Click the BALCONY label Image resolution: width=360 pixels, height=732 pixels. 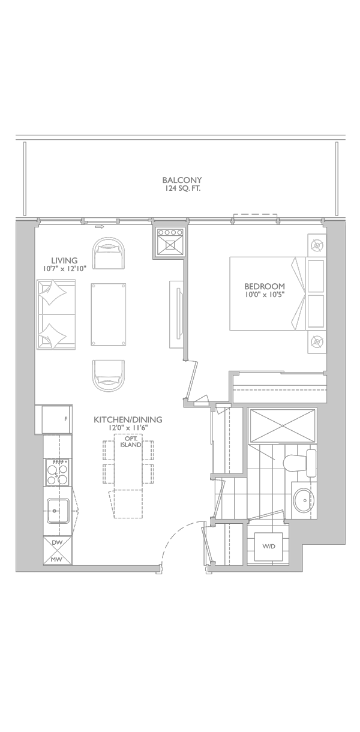pos(182,180)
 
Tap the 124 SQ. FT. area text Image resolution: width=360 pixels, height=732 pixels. pos(182,188)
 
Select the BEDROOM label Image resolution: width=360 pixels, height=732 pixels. pos(265,286)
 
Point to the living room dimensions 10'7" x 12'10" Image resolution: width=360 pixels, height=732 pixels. pos(64,269)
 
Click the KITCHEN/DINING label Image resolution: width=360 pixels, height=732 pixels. pos(128,419)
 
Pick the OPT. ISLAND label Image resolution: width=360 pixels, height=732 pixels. pos(131,442)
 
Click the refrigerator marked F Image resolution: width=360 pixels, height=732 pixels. pos(57,419)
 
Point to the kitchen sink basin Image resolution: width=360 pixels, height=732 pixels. pos(58,511)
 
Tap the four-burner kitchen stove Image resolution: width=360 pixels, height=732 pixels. pos(58,473)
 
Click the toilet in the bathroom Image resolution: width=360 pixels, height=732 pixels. pos(299,463)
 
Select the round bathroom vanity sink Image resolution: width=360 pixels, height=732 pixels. pos(304,500)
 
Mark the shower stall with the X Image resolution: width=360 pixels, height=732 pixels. pos(282,426)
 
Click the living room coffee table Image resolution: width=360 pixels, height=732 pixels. pos(109,314)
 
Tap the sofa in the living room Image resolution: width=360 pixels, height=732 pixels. pos(56,314)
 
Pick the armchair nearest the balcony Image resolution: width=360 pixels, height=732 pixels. pos(109,254)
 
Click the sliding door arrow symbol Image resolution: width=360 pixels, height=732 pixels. pos(100,226)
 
